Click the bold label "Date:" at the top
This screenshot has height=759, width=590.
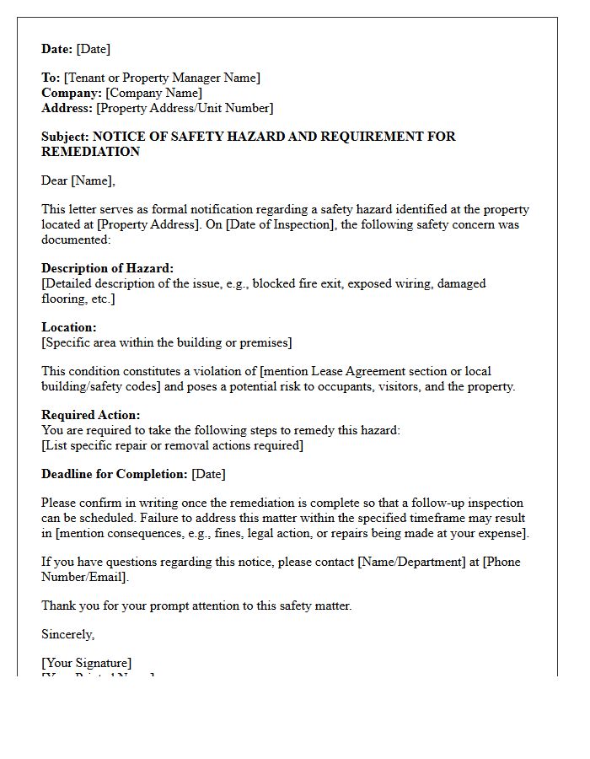(56, 49)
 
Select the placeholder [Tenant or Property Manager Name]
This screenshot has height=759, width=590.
(162, 78)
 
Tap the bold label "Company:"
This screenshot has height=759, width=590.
(72, 93)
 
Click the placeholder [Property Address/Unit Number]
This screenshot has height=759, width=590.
(185, 108)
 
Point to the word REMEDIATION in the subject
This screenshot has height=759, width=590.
(90, 152)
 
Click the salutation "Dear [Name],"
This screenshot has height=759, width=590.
(78, 180)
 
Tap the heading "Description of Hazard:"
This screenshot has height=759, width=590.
(107, 268)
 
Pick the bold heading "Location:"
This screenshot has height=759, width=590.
(69, 327)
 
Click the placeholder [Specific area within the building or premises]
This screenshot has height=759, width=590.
(167, 342)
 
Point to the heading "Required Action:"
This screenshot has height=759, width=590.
(91, 415)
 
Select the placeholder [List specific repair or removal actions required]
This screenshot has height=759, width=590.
(172, 445)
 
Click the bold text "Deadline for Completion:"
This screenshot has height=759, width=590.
(115, 474)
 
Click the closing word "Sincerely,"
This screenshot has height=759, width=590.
(68, 634)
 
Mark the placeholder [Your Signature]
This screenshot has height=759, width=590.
(86, 663)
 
